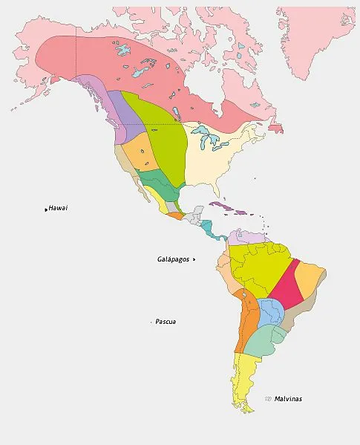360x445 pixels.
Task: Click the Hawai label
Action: point(58,208)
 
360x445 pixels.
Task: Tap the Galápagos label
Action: point(174,259)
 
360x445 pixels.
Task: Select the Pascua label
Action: point(166,322)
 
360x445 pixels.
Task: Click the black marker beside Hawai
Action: point(46,209)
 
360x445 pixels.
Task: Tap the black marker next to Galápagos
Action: point(194,259)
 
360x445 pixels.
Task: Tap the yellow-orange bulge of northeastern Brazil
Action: point(310,279)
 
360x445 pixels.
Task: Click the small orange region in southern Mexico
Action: point(175,216)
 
